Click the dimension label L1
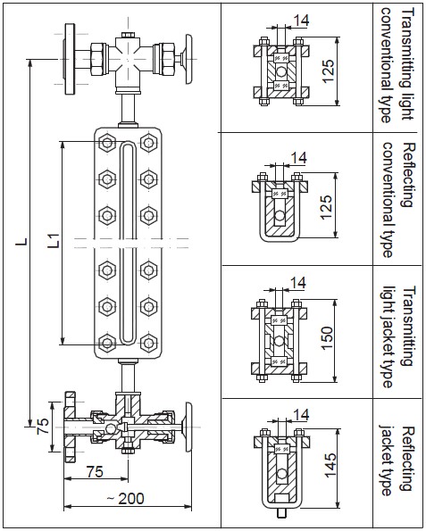[x=54, y=241]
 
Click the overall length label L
[x=21, y=242]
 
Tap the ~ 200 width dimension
[x=125, y=499]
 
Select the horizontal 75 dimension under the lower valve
[x=95, y=471]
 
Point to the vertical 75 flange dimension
[x=43, y=427]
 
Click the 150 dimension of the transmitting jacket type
[x=327, y=338]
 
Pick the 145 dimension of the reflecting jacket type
[x=330, y=465]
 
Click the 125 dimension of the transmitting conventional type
[x=328, y=71]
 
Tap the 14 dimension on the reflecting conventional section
[x=298, y=157]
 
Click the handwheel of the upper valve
[x=188, y=59]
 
